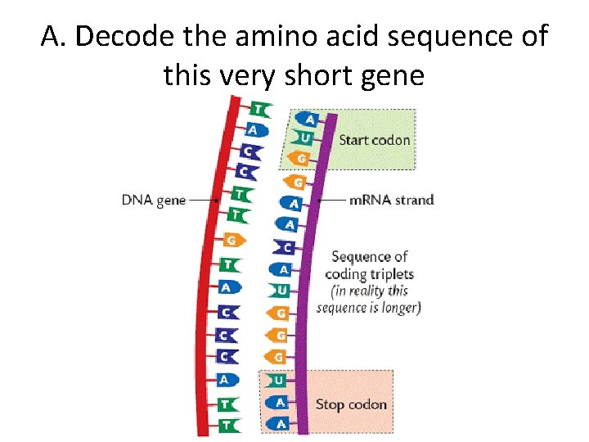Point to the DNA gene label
[154, 200]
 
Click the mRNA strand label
[391, 199]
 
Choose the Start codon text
[374, 139]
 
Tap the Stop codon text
[351, 404]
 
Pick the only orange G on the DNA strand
[232, 240]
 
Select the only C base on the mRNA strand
[286, 247]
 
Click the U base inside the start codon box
[303, 137]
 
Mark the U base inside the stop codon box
[277, 381]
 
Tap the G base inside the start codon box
[300, 158]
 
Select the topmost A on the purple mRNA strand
[308, 119]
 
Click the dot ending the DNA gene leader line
[215, 200]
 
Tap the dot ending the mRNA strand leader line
[319, 199]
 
